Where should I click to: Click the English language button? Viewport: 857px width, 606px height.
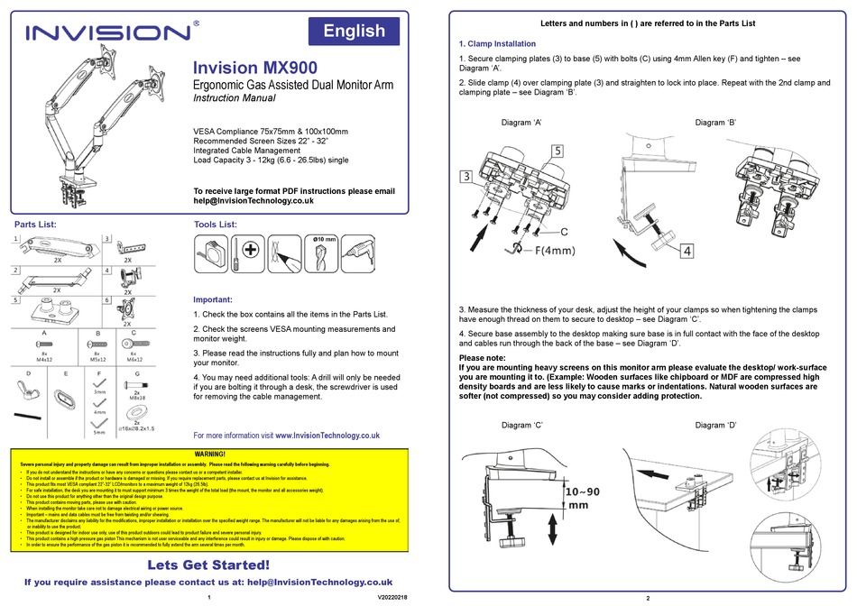click(x=354, y=32)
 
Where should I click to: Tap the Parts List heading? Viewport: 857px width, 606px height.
click(x=36, y=224)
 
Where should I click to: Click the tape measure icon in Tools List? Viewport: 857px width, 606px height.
click(x=210, y=252)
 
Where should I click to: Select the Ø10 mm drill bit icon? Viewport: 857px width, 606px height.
click(x=322, y=254)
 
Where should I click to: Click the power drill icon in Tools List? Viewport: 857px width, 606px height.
click(x=360, y=252)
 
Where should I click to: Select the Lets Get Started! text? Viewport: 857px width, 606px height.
click(x=208, y=565)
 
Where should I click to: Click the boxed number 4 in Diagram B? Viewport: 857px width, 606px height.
click(x=687, y=251)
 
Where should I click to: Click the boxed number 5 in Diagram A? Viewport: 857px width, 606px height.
click(x=558, y=151)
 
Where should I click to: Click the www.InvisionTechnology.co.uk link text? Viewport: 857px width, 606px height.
click(x=327, y=435)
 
